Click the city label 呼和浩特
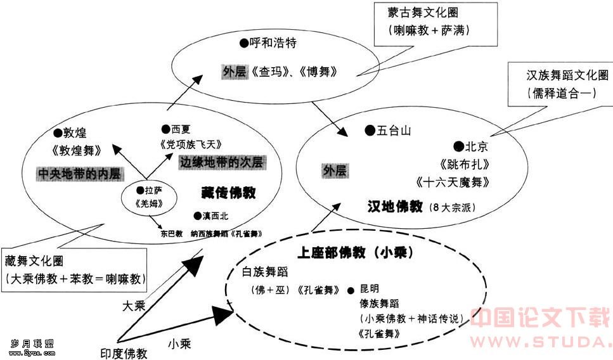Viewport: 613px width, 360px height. click(x=273, y=44)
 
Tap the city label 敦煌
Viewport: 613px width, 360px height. click(x=75, y=132)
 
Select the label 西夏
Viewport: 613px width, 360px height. click(x=181, y=129)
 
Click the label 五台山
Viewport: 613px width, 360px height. click(x=394, y=131)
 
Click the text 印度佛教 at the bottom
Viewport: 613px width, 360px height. click(x=124, y=353)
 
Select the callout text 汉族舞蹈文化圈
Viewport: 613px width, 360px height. click(x=565, y=75)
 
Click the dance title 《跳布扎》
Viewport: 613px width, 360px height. click(x=464, y=164)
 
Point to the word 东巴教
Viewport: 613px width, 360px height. click(x=172, y=233)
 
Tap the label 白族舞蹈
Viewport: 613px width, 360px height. click(x=265, y=273)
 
